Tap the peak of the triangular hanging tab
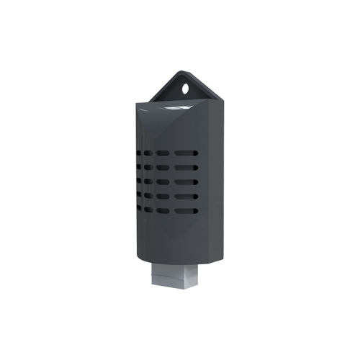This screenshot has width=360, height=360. [x=180, y=72]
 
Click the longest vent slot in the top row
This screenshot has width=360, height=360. [x=184, y=153]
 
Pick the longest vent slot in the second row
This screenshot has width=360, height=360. [x=184, y=168]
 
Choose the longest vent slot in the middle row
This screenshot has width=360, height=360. [x=184, y=182]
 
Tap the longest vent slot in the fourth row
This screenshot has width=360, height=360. [x=184, y=197]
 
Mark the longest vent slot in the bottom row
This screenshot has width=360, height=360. [x=184, y=211]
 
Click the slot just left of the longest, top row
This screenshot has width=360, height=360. [x=163, y=153]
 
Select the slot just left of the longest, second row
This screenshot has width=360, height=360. [x=163, y=168]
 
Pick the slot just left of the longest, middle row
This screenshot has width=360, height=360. [x=163, y=182]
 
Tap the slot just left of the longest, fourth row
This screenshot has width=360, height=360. [x=163, y=197]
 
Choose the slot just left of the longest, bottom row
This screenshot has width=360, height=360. [x=163, y=211]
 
